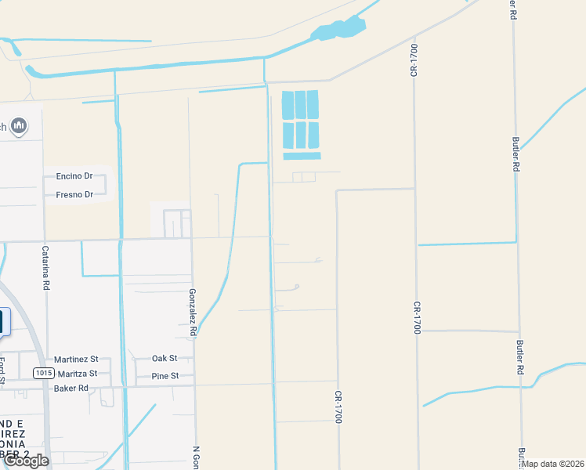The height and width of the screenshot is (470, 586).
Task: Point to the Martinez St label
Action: [76, 359]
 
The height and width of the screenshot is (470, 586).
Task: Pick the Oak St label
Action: [165, 359]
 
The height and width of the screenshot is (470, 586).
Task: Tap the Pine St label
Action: [165, 376]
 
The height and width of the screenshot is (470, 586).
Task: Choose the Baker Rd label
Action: [71, 388]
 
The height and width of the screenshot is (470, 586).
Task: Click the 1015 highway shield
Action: [43, 373]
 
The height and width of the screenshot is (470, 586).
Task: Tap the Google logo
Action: [25, 461]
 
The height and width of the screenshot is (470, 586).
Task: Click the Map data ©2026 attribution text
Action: [553, 464]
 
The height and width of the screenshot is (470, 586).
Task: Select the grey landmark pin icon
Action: [19, 125]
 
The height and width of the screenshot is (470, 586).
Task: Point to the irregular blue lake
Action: [338, 30]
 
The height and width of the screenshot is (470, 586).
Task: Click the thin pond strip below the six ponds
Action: [302, 155]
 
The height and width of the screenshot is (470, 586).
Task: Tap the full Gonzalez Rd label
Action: [192, 312]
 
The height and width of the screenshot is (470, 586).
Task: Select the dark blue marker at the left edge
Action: [2, 322]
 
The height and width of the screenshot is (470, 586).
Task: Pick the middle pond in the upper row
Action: [300, 105]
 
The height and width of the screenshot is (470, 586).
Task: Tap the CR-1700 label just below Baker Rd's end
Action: [338, 407]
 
